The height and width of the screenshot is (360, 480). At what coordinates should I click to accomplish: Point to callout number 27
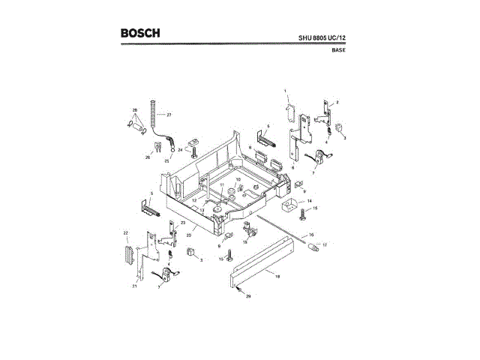click(x=169, y=115)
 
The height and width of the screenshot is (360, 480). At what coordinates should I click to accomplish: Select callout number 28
click(x=135, y=111)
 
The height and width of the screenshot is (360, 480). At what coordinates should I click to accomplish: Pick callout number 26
click(x=148, y=157)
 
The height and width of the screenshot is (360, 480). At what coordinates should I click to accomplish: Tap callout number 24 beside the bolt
click(x=180, y=150)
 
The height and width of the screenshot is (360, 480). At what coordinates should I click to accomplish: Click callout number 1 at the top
click(x=286, y=90)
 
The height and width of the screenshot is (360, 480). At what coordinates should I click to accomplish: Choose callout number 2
click(x=337, y=102)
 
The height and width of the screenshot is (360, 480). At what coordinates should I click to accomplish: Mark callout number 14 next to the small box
click(x=308, y=201)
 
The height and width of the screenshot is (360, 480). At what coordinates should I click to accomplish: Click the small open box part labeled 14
click(x=288, y=204)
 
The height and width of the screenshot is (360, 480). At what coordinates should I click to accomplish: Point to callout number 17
click(x=325, y=245)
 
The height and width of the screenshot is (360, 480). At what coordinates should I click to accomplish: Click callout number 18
click(x=277, y=277)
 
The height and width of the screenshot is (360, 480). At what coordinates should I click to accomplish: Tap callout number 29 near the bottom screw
click(x=249, y=298)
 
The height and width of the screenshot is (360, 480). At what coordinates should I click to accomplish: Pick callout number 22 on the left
click(x=126, y=234)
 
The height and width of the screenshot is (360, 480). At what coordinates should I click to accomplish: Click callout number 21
click(x=134, y=286)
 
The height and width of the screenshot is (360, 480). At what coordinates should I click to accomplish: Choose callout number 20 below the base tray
click(x=189, y=235)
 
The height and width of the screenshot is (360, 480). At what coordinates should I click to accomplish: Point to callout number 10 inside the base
click(x=238, y=180)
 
